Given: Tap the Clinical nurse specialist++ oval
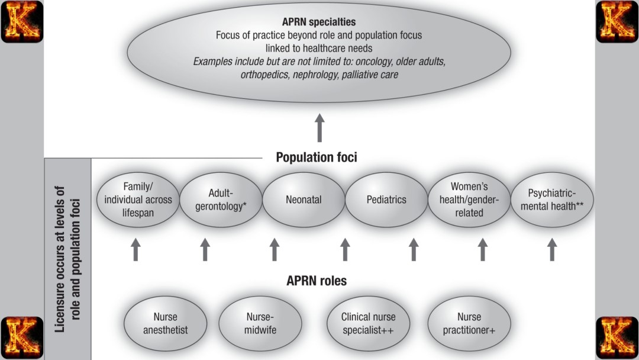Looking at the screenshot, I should point(368,323).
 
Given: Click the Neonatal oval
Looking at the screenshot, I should point(304,200).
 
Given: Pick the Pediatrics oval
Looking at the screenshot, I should point(386,200).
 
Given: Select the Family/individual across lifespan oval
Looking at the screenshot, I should point(138,200).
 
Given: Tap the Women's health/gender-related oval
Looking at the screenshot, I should point(469,200).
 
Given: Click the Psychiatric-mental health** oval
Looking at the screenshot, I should point(551,200).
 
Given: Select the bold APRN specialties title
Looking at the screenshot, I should point(318,22).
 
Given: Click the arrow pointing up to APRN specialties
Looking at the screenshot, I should point(319,127).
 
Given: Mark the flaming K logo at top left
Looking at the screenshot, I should point(22,22).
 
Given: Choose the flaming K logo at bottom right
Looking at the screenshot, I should point(617,337).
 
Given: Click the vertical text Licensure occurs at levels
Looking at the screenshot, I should point(67,261).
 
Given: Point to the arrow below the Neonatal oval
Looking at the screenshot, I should point(275,249).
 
